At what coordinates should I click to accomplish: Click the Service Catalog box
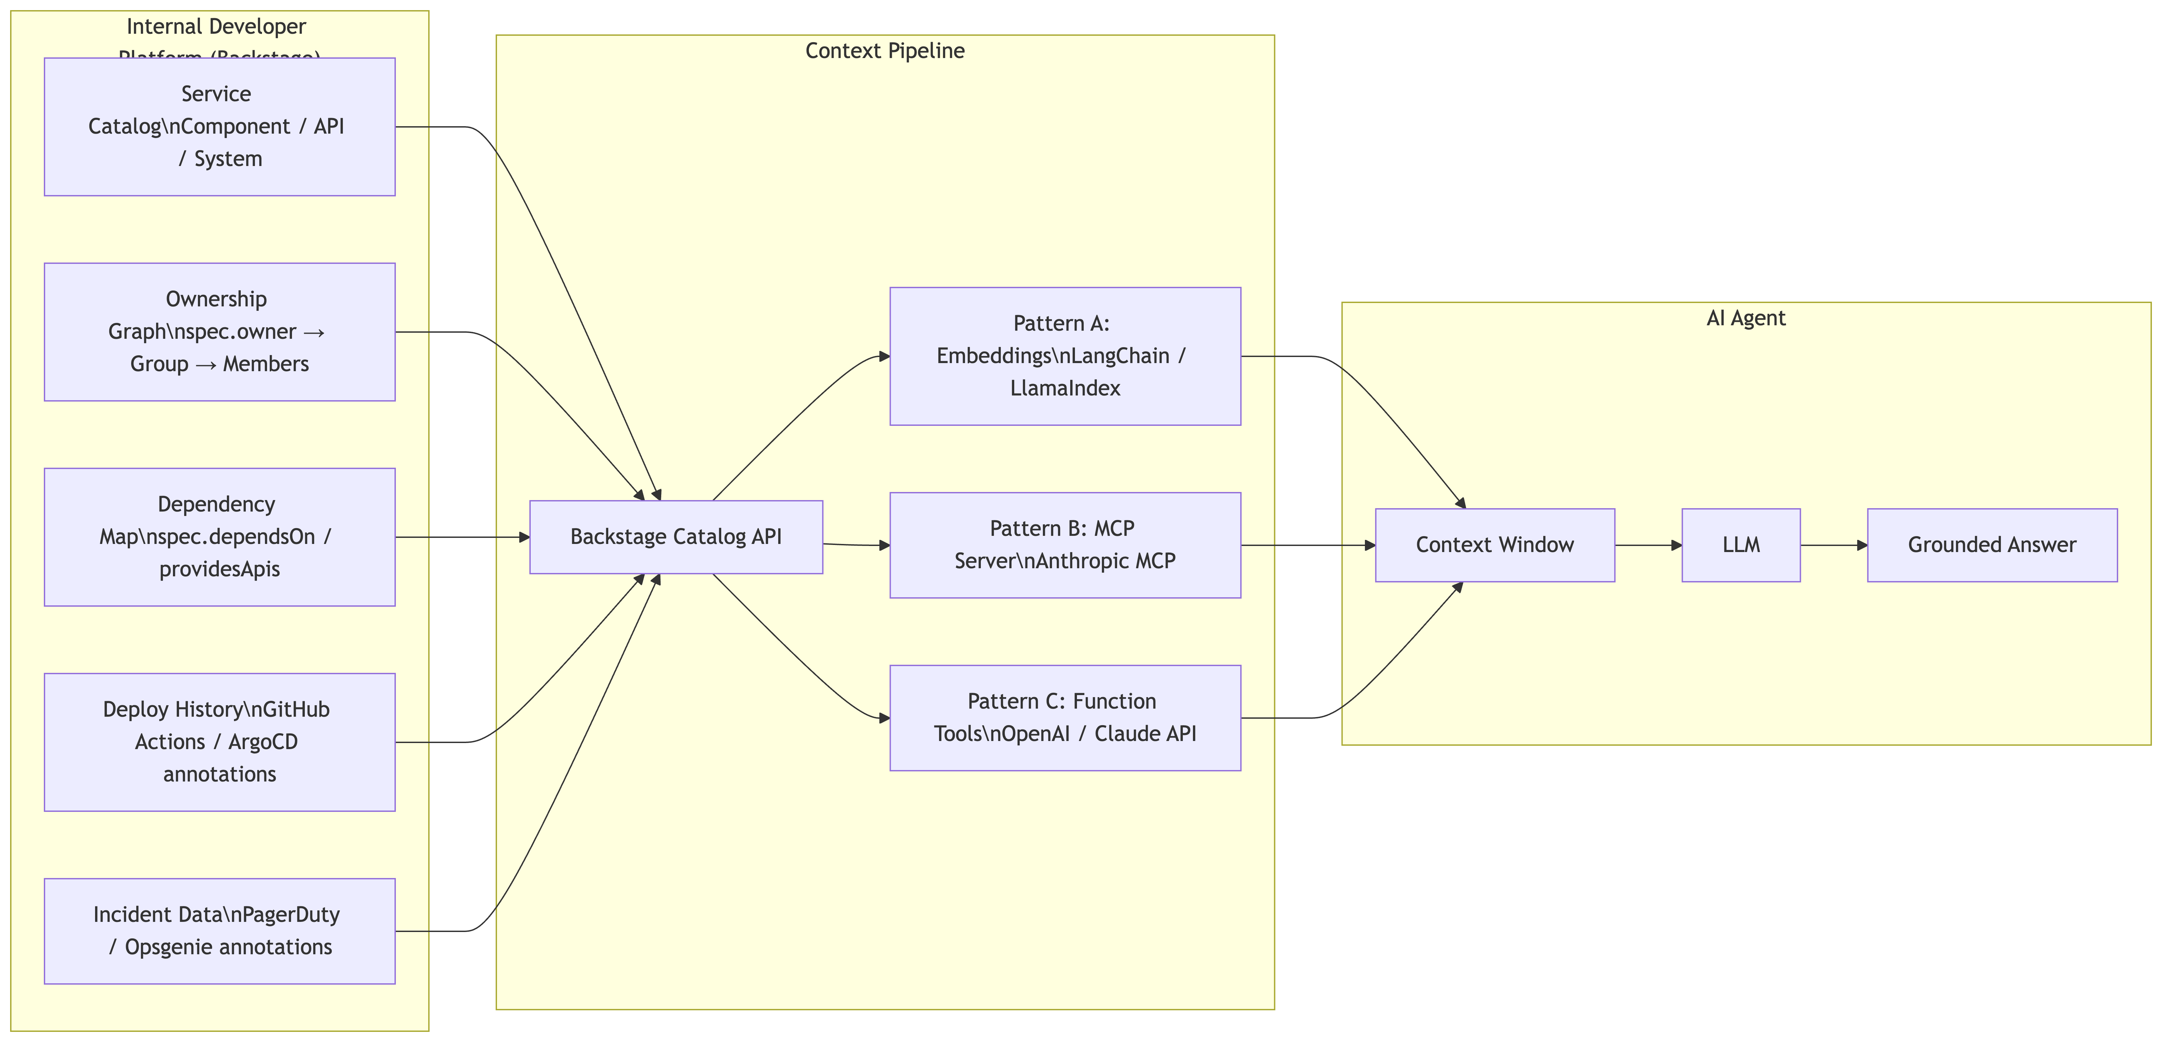219,127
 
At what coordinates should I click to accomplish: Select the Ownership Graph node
219,332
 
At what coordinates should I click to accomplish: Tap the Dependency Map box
219,537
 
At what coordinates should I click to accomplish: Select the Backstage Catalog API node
676,537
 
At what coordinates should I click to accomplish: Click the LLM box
1741,545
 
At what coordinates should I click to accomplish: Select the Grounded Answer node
1992,545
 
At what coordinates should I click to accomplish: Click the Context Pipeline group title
885,51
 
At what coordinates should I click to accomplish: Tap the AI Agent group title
1746,318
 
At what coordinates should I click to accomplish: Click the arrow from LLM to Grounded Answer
1833,545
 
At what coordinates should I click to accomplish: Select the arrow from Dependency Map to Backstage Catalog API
462,537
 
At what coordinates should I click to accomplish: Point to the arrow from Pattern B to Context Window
1308,545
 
